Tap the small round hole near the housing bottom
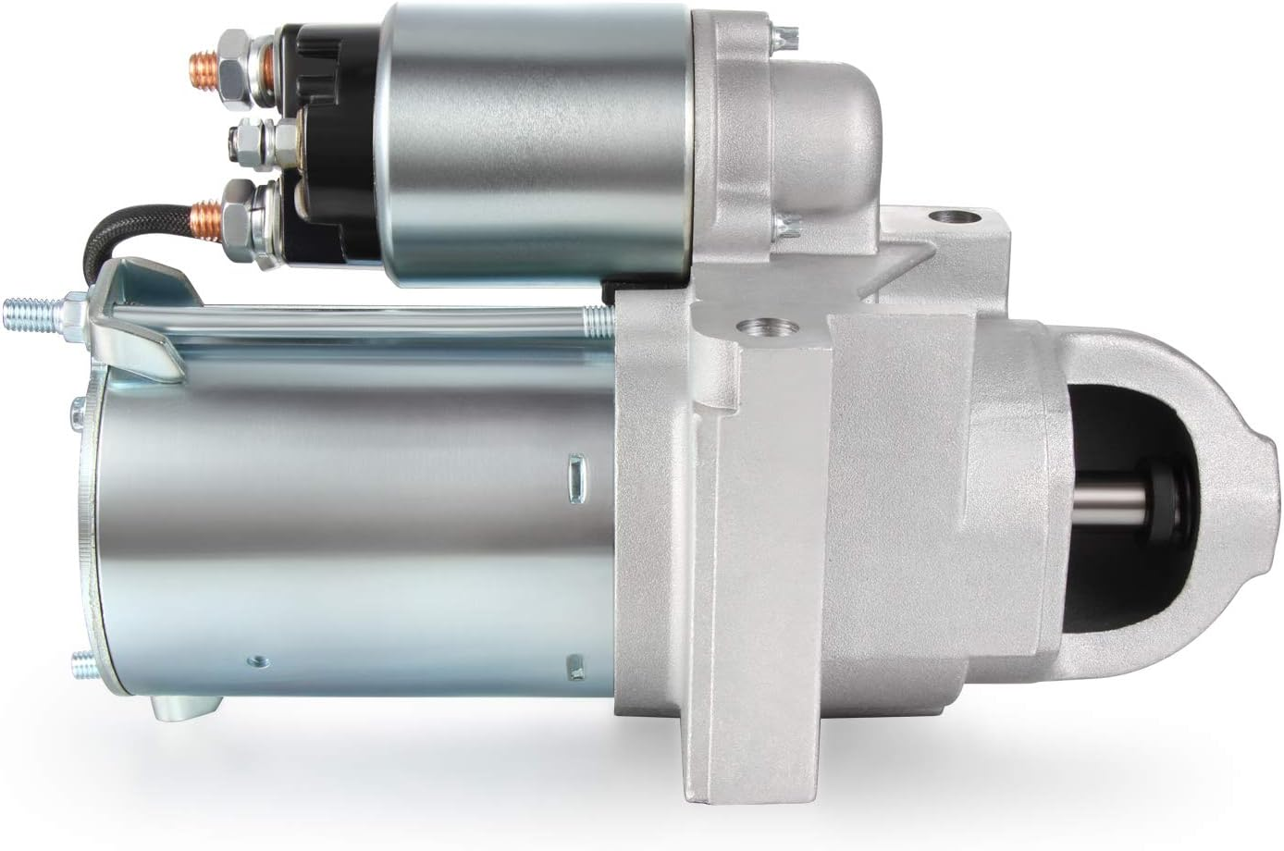coord(256,660)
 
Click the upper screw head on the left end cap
coord(74,404)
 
